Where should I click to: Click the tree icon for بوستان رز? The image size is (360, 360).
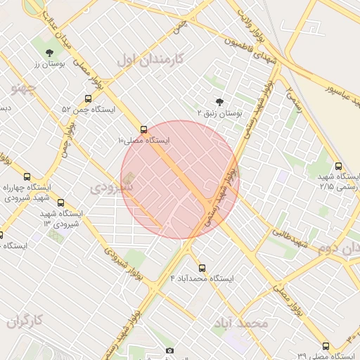(x=49, y=53)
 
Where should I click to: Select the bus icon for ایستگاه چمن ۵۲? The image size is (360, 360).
(x=88, y=99)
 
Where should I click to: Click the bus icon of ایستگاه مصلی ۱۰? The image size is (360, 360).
(x=144, y=129)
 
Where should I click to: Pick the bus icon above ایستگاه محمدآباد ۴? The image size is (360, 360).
(x=202, y=268)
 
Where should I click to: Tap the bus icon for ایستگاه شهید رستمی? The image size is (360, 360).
(x=339, y=167)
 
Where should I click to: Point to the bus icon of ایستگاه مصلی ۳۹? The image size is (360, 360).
(x=326, y=346)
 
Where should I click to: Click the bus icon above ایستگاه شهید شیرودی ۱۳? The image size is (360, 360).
(x=60, y=202)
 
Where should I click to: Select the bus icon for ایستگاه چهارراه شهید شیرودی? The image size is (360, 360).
(x=27, y=177)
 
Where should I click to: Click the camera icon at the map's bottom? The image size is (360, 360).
(x=169, y=351)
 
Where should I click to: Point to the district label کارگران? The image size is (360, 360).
(x=25, y=321)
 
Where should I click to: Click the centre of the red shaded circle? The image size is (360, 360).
(x=180, y=179)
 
